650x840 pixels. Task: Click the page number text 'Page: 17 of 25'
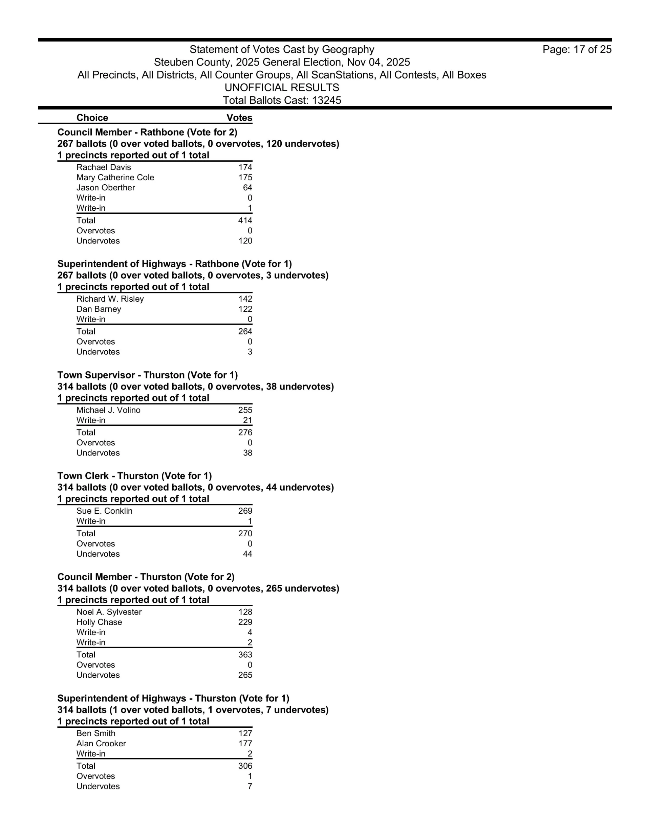pos(577,50)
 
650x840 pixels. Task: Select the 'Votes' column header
pos(239,118)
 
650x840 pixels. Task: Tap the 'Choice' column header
pos(92,118)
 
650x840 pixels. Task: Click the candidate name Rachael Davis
pos(104,167)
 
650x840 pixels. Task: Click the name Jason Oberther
pos(106,188)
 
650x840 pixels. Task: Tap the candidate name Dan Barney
pos(99,309)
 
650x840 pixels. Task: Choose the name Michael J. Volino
pos(108,411)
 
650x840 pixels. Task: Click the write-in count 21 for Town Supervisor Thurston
pos(247,420)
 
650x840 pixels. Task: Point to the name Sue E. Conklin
pos(104,511)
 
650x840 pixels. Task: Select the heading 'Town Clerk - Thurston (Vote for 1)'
pos(134,476)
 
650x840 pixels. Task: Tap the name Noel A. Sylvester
pos(109,612)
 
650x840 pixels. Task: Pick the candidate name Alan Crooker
pos(101,744)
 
